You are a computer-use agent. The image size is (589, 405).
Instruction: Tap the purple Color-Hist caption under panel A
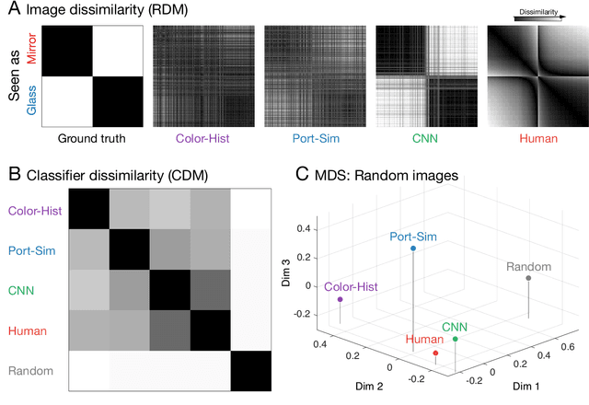202,140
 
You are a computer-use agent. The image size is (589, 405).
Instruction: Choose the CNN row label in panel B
20,290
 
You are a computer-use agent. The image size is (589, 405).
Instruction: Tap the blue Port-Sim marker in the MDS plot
413,249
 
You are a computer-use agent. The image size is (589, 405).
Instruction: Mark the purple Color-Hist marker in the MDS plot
340,299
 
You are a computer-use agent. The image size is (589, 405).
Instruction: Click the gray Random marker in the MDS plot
528,278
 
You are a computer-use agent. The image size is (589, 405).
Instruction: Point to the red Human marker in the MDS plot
435,353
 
